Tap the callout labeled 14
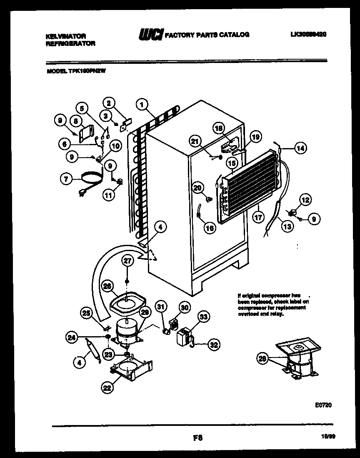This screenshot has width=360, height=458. (300, 147)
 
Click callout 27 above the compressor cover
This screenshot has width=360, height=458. (127, 261)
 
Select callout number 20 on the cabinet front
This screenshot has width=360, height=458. (198, 188)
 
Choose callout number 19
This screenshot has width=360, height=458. (255, 136)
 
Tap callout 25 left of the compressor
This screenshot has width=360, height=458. (86, 314)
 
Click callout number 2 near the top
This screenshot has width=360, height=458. (109, 103)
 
